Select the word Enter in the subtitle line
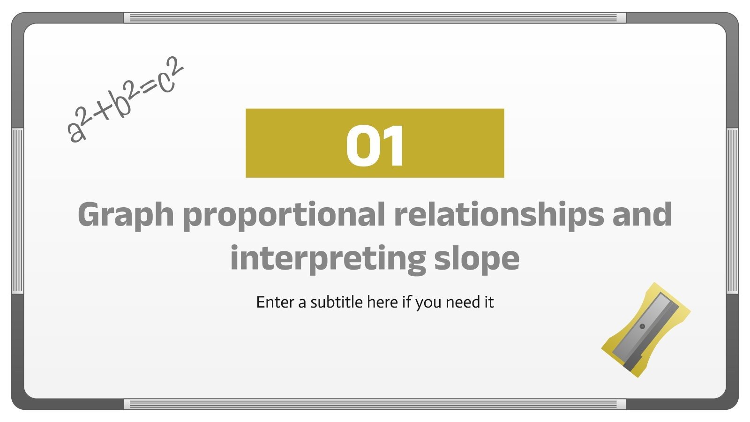click(275, 302)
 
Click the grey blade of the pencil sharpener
click(645, 328)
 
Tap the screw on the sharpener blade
click(642, 326)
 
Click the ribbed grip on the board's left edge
click(17, 211)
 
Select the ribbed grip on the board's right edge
click(732, 211)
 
